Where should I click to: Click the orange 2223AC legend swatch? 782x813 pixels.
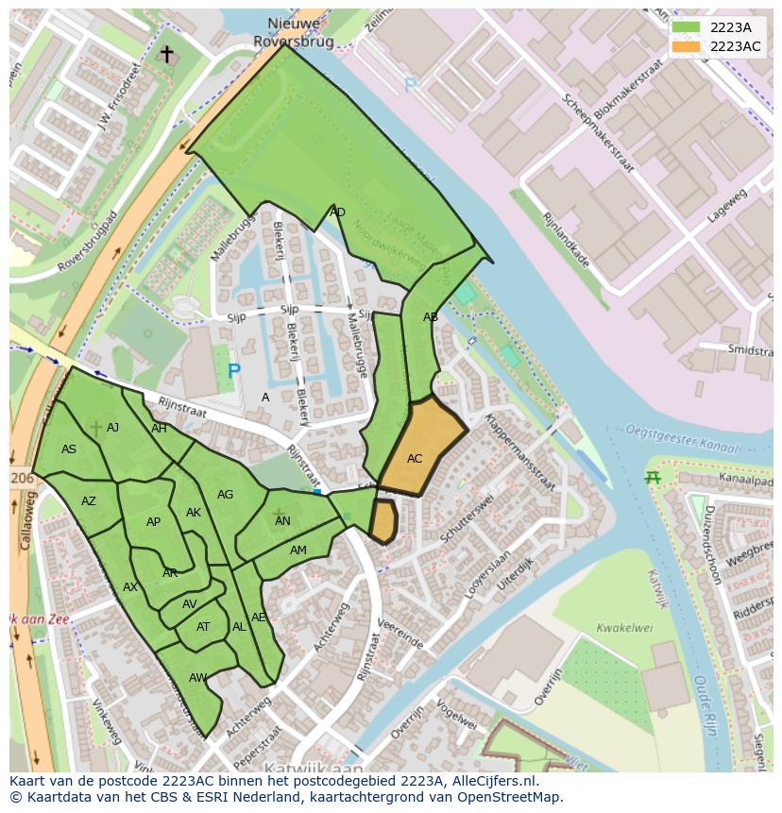[x=687, y=46]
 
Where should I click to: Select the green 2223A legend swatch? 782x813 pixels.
[x=687, y=27]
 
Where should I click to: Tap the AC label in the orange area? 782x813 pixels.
[x=415, y=459]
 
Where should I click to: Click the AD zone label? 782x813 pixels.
[x=337, y=212]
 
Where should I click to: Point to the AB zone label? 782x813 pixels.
[x=431, y=317]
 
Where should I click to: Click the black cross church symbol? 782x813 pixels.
[x=167, y=55]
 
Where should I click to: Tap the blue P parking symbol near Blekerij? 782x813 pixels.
[x=233, y=372]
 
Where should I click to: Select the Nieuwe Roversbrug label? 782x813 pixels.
[x=294, y=32]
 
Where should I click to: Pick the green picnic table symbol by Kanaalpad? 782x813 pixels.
[x=652, y=477]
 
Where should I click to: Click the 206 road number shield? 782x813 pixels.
[x=22, y=479]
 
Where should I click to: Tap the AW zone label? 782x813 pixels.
[x=197, y=678]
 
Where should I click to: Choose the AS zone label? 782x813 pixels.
[x=69, y=449]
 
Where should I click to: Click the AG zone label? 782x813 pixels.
[x=225, y=495]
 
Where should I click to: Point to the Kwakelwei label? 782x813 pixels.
[x=624, y=628]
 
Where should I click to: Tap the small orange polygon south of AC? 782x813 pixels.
[x=382, y=521]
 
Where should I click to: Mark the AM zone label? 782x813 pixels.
[x=298, y=550]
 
